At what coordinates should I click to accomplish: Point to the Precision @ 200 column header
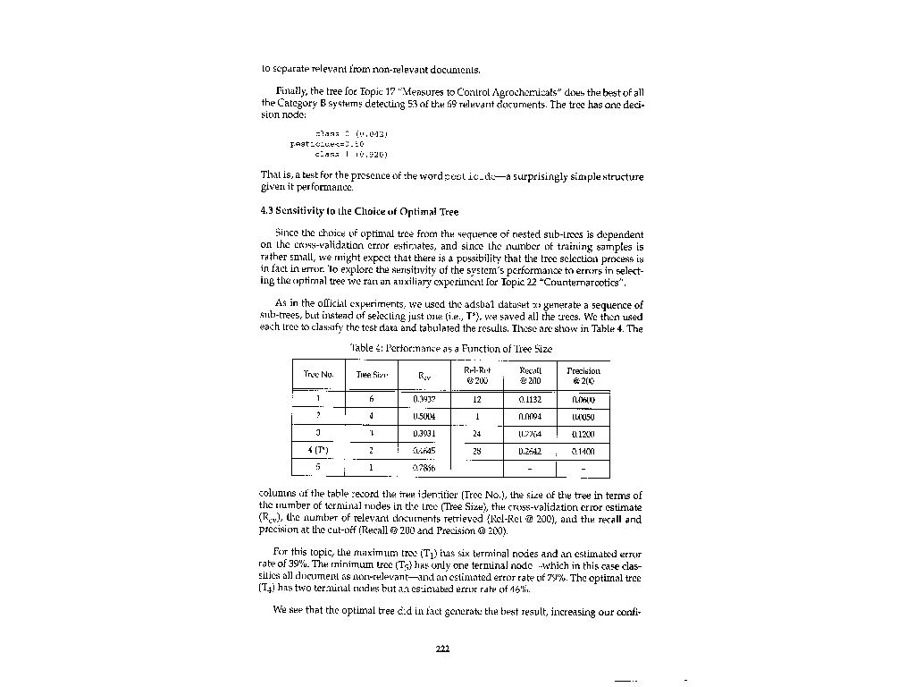(x=583, y=375)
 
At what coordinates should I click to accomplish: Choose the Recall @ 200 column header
(x=531, y=375)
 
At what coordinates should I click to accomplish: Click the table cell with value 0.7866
(x=424, y=468)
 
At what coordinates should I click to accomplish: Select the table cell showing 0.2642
(x=531, y=451)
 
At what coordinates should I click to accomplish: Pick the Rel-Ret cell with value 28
(x=477, y=451)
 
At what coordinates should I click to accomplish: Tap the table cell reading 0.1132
(x=531, y=400)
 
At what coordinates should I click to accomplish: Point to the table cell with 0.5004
(x=424, y=417)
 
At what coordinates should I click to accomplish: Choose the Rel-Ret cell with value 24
(x=477, y=434)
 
